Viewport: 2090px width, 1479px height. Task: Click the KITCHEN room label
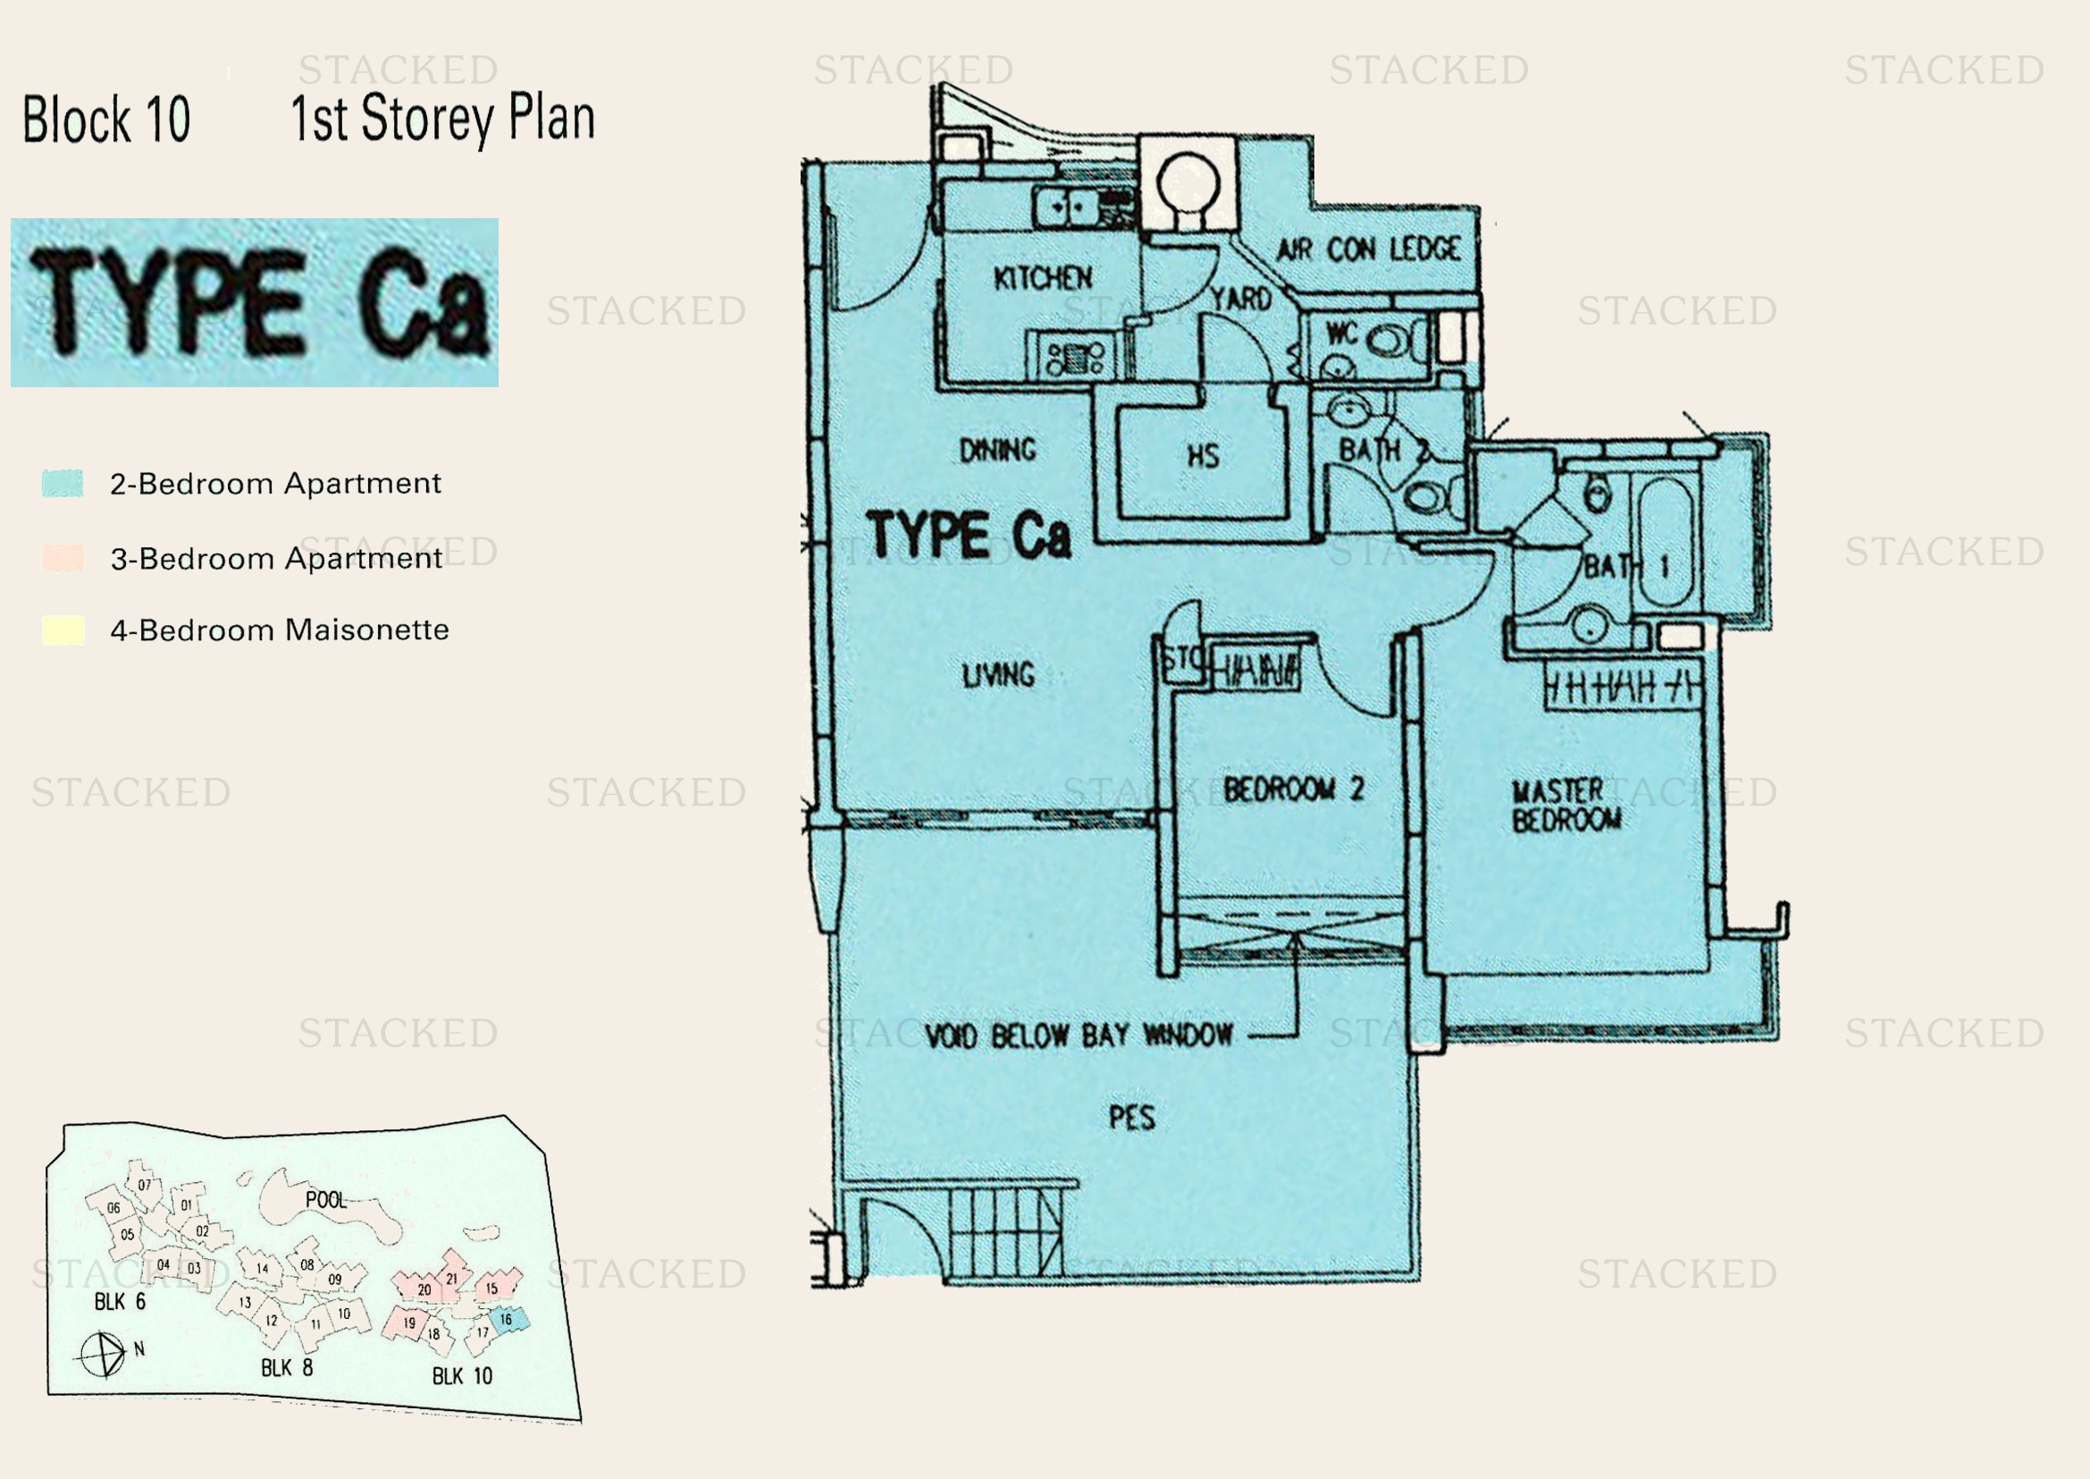[1042, 278]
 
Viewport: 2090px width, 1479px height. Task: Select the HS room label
[1203, 455]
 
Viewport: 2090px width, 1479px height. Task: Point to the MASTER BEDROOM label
[1565, 805]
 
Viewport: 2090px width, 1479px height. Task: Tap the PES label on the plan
[1131, 1118]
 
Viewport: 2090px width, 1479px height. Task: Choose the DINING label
[998, 450]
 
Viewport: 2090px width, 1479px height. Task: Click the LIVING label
[999, 675]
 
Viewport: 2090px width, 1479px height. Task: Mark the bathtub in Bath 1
[1666, 542]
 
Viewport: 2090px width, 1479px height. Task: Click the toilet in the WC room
[1387, 342]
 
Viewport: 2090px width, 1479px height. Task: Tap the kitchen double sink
[1067, 206]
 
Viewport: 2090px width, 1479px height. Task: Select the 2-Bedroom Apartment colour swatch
[62, 483]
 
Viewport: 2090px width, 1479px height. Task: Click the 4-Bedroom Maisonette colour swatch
[62, 630]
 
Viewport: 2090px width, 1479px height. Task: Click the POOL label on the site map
[326, 1200]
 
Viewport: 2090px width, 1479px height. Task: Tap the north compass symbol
[102, 1355]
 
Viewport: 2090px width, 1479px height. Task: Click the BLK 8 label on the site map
[287, 1368]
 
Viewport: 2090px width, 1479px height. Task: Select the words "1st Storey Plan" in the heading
[442, 118]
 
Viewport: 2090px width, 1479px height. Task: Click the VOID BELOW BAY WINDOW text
[1079, 1035]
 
